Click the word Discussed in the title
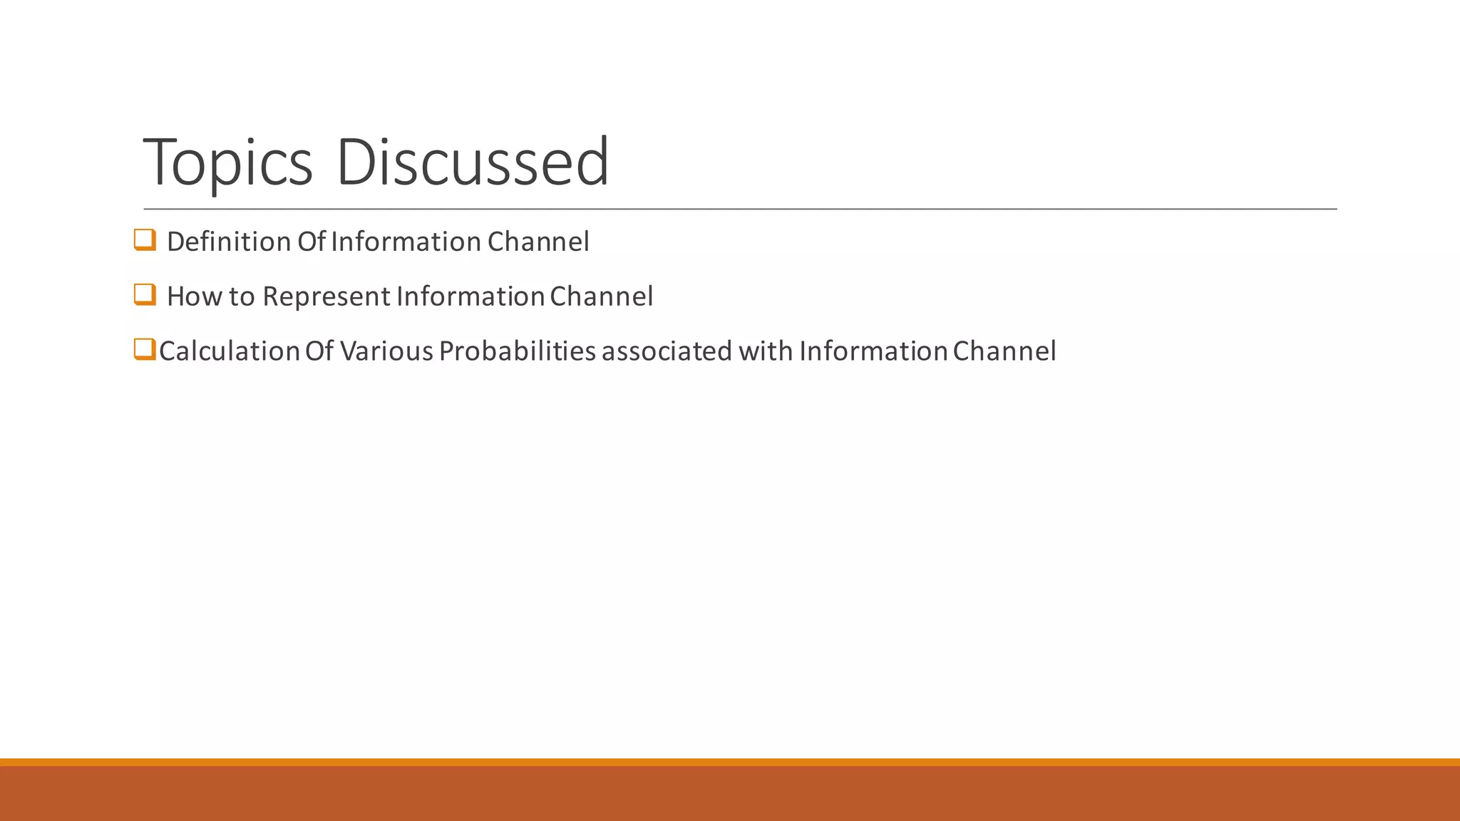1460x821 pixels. tap(472, 162)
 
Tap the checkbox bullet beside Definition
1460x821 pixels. tap(145, 240)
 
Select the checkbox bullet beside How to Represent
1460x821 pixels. tap(145, 294)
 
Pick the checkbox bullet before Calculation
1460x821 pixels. tap(145, 349)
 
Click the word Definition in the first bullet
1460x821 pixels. tap(229, 242)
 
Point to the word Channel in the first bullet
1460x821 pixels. tap(538, 242)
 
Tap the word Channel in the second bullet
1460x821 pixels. tap(601, 296)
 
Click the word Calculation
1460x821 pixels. tap(229, 351)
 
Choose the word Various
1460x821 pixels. tap(386, 351)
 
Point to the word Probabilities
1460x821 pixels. tap(517, 351)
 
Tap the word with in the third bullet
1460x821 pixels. tap(765, 351)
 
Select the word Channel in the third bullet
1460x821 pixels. tap(1004, 351)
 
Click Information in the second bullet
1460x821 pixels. tap(471, 296)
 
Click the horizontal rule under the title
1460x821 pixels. tap(740, 210)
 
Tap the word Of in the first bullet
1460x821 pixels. tap(311, 242)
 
